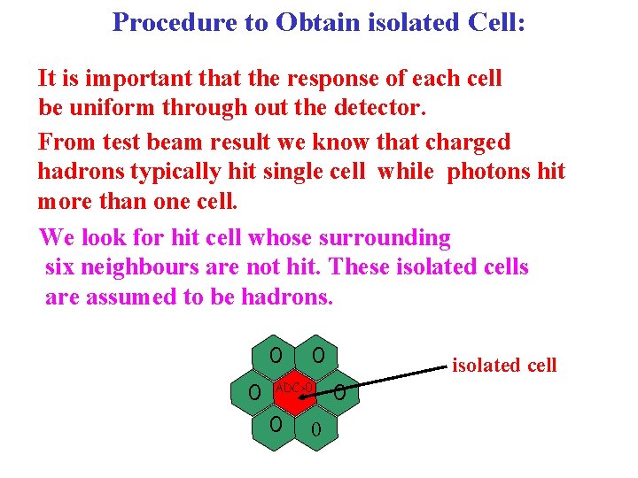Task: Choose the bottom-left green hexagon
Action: click(x=276, y=426)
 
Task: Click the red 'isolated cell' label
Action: click(x=504, y=365)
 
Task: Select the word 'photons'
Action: click(x=493, y=171)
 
